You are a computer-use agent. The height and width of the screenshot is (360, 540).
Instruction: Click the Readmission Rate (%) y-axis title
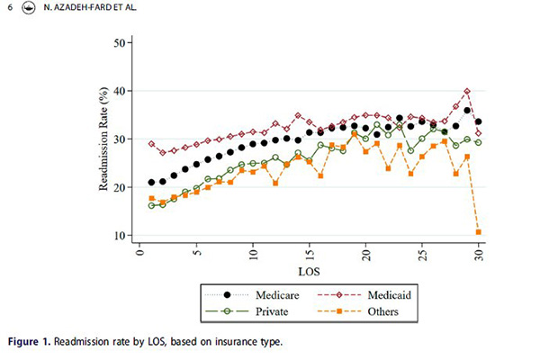click(103, 139)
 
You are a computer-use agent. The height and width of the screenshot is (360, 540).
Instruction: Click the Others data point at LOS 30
click(479, 232)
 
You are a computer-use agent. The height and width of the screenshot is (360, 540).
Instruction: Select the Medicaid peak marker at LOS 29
click(467, 92)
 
